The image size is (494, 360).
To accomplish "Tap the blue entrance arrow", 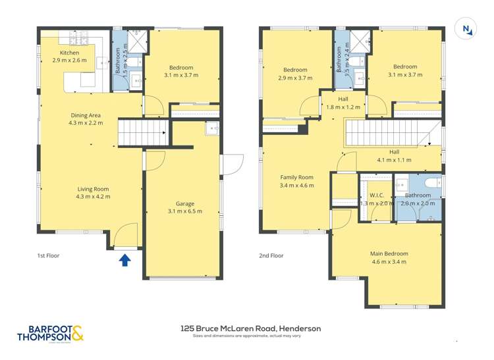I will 125,260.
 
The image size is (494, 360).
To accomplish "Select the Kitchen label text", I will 69,56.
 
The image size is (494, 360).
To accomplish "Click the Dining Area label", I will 86,118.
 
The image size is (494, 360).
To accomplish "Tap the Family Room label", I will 296,181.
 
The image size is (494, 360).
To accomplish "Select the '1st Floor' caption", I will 48,255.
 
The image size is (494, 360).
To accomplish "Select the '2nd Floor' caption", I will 271,255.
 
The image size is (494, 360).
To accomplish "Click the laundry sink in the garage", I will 212,128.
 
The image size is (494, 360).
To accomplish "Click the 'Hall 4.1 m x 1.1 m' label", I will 394,155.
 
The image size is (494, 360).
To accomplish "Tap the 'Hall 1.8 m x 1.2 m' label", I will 338,102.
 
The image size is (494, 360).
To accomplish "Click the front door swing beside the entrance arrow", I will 125,236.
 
